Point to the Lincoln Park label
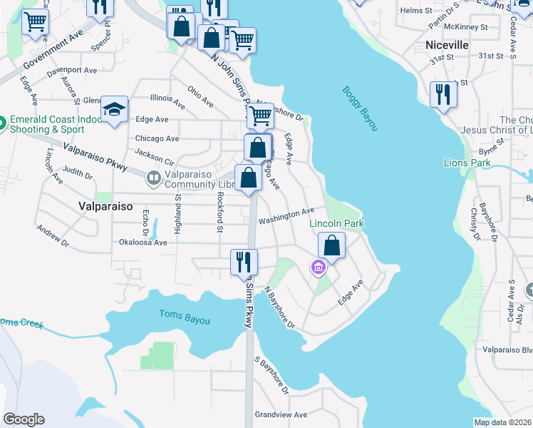point(336,223)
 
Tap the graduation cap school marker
point(114,110)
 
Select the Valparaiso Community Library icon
point(153,177)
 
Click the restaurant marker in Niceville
point(443,95)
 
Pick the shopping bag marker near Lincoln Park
point(332,245)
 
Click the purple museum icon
point(318,268)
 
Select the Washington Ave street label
point(286,215)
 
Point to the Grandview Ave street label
point(281,414)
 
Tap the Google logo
point(24,419)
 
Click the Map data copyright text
point(502,422)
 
